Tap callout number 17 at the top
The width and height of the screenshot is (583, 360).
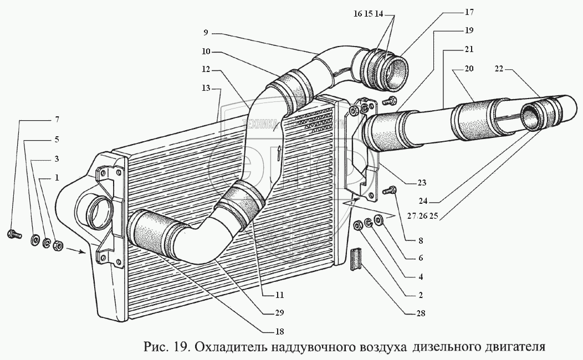(x=469, y=11)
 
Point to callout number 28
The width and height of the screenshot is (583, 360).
(x=421, y=314)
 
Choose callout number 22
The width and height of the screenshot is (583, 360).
(x=499, y=69)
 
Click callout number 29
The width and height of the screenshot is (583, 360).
(x=279, y=313)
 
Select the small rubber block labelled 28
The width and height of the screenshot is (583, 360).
(x=356, y=259)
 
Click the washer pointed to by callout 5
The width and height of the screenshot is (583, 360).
(x=34, y=239)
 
